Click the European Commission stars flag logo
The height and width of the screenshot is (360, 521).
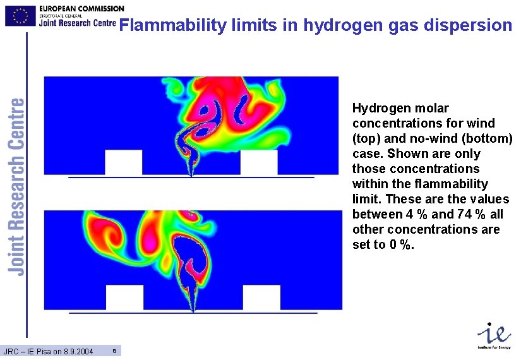pos(20,15)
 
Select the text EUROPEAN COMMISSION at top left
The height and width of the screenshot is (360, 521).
pos(81,8)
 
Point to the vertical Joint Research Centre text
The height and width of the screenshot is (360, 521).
pos(18,186)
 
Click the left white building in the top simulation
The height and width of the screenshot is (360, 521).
pos(123,162)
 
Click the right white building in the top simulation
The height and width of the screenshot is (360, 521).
pos(259,162)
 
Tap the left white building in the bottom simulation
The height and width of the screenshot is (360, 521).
pos(124,297)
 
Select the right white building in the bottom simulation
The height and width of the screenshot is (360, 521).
pos(261,297)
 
